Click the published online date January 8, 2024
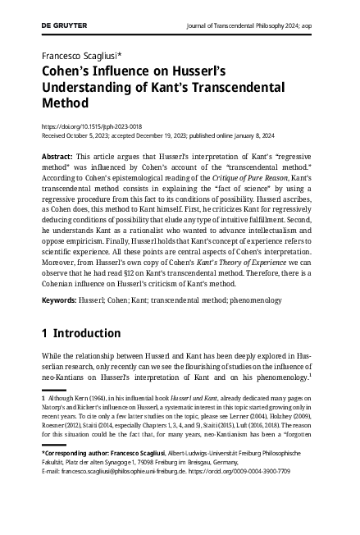(x=284, y=136)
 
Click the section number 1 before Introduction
(x=44, y=334)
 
